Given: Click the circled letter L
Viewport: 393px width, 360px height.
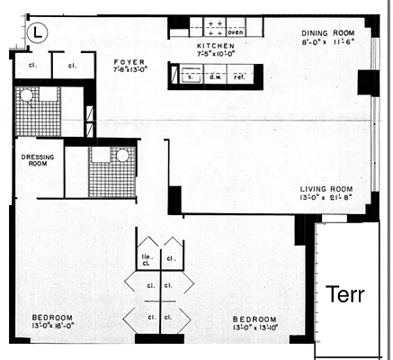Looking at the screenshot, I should (36, 31).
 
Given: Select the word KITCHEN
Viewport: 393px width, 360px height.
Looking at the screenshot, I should (215, 45).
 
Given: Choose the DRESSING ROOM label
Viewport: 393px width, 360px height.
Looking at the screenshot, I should (39, 159).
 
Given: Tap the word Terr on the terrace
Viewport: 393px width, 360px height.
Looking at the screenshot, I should (344, 294).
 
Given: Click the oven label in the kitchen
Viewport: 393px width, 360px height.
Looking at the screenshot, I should (236, 31).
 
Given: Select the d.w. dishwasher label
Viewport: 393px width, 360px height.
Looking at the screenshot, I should (215, 77).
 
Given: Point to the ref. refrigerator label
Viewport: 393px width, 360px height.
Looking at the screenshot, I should (241, 77).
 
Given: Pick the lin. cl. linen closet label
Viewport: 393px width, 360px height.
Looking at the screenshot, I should (148, 261).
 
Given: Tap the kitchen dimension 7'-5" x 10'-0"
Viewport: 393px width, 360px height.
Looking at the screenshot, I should (216, 54).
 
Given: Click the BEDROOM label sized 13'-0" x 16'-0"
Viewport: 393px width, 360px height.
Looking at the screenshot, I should (52, 318).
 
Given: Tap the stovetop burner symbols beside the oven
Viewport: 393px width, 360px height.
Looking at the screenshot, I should (215, 26).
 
